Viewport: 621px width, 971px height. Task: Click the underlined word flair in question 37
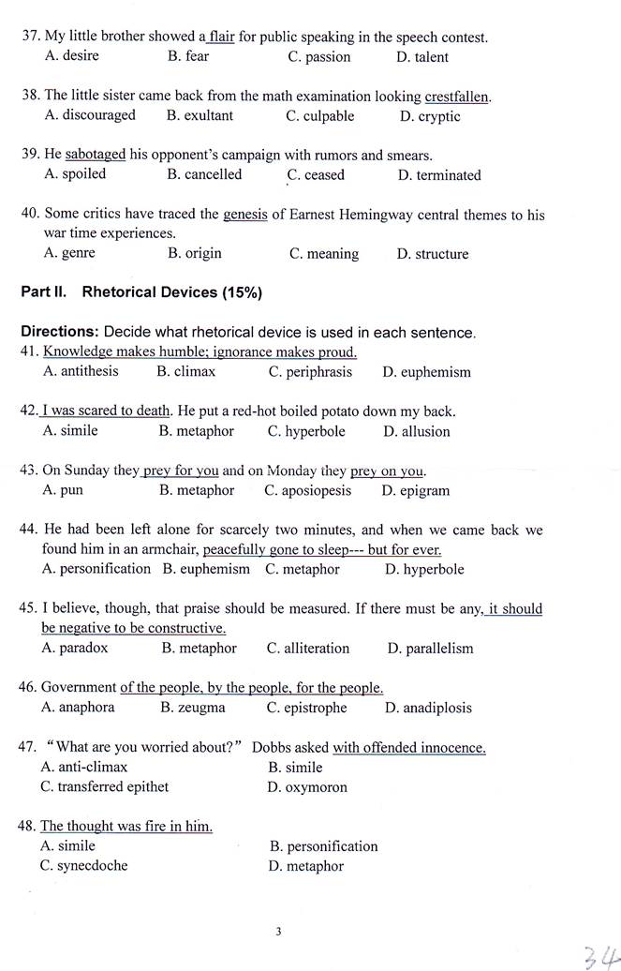[x=221, y=37]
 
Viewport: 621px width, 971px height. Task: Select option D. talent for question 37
[x=421, y=57]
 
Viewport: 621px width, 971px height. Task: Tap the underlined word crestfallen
[x=457, y=97]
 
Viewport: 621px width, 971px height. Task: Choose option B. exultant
[x=200, y=115]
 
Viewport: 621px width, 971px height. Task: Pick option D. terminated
[x=438, y=175]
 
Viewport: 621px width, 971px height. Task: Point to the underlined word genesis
[x=245, y=215]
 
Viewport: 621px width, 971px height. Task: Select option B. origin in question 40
[x=194, y=253]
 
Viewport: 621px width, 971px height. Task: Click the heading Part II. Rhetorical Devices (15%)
[x=141, y=292]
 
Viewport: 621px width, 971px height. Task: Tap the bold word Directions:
[x=60, y=332]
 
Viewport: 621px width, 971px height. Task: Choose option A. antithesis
[x=81, y=371]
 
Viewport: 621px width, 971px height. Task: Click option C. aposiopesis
[x=307, y=490]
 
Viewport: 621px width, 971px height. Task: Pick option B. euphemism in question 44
[x=206, y=569]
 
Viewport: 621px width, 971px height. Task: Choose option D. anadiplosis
[x=428, y=708]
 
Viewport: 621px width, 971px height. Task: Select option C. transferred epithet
[x=104, y=786]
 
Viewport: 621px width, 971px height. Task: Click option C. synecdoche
[x=83, y=865]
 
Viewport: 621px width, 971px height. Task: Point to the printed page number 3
[x=278, y=931]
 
